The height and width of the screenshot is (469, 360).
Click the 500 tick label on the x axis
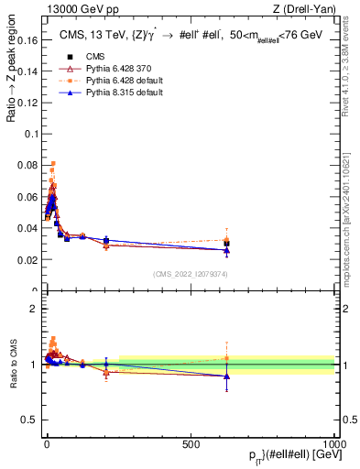(x=191, y=442)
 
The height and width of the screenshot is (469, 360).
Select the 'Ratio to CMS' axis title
(x=10, y=365)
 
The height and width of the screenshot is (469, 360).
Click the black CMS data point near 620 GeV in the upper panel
(x=226, y=244)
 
